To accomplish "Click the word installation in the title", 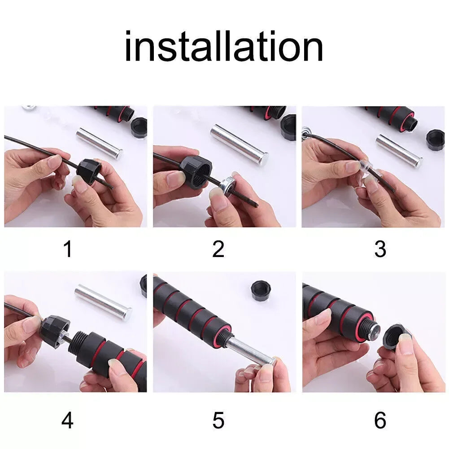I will pyautogui.click(x=224, y=47).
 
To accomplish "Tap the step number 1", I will pyautogui.click(x=68, y=249).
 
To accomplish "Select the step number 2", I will pyautogui.click(x=218, y=249).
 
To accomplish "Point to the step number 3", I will pyautogui.click(x=380, y=249).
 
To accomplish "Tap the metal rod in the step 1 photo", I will pyautogui.click(x=99, y=143).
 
